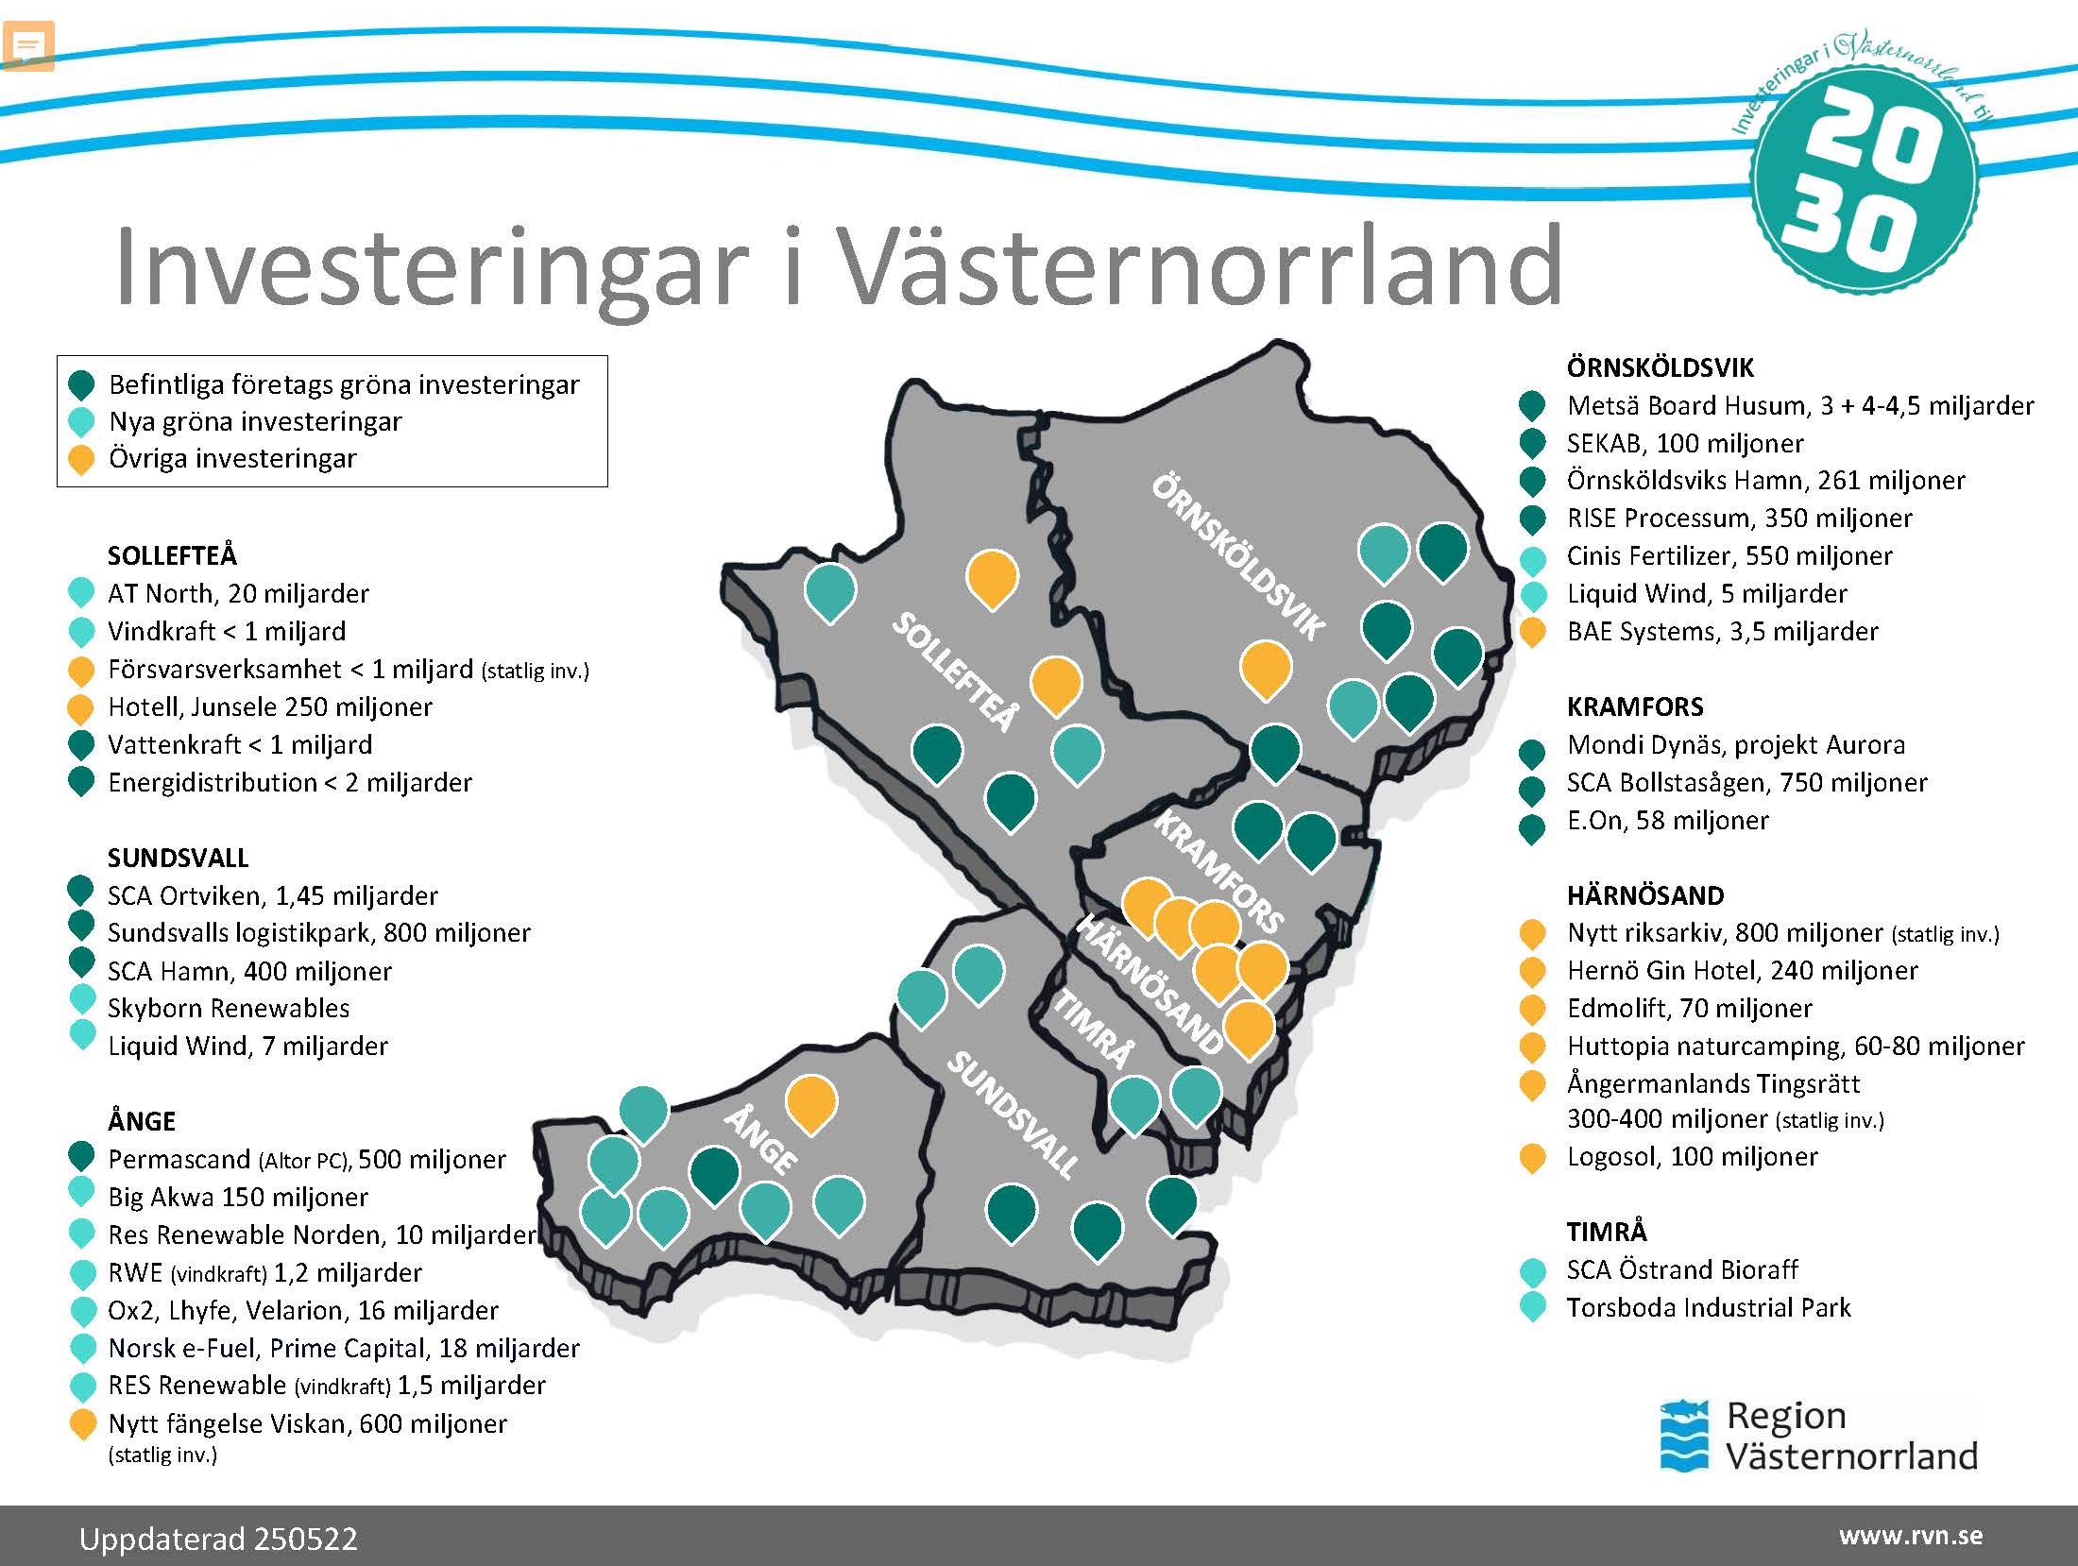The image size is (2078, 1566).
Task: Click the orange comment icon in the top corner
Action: click(28, 45)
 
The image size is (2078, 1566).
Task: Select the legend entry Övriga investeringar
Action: click(232, 458)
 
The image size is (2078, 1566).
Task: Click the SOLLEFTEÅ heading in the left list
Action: click(172, 555)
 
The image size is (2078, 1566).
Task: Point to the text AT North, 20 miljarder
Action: click(238, 593)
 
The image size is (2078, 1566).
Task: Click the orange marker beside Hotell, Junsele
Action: click(81, 707)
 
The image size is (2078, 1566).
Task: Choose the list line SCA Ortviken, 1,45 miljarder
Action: click(272, 895)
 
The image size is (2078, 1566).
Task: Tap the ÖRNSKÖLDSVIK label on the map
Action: click(1238, 557)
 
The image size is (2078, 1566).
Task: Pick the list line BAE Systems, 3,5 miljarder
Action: click(1722, 631)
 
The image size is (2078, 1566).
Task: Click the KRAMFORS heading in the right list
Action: click(1635, 706)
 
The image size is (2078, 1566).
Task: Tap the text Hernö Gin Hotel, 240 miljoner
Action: click(1742, 970)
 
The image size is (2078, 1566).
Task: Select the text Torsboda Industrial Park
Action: click(1708, 1307)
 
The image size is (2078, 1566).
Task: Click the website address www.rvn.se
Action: click(1910, 1536)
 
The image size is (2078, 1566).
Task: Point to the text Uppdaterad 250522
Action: click(218, 1539)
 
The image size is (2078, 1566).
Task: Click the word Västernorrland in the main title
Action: click(1200, 266)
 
